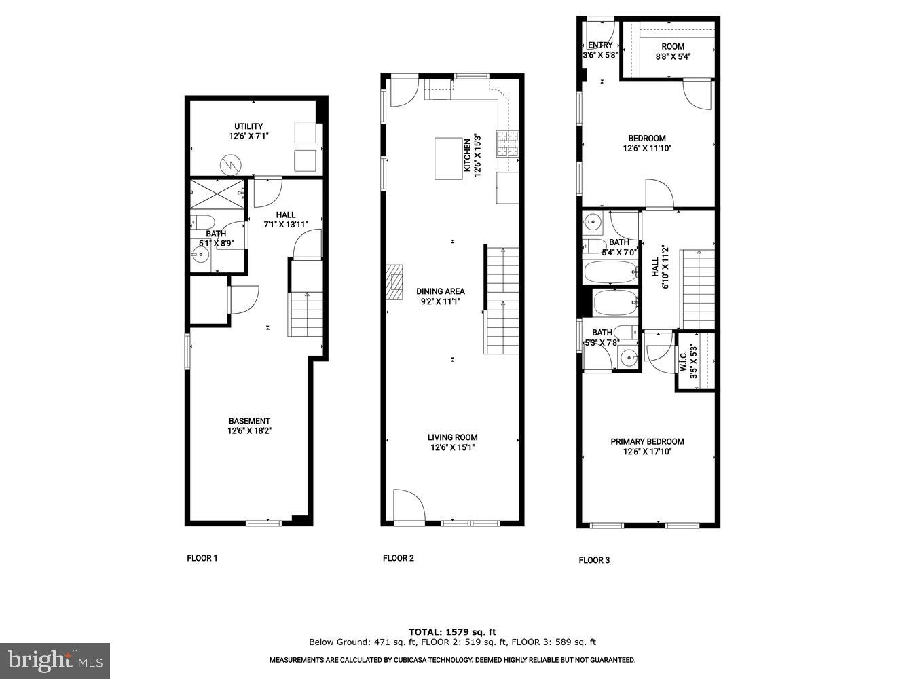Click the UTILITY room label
click(x=248, y=126)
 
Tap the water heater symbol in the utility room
click(x=231, y=164)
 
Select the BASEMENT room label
click(x=249, y=421)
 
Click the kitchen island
click(x=448, y=158)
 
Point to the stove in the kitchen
click(x=507, y=143)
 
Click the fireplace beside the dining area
click(x=394, y=282)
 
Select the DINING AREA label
click(x=441, y=291)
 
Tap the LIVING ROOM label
click(x=452, y=437)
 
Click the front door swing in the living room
click(x=409, y=506)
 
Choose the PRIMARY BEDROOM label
click(x=647, y=441)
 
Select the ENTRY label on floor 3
click(x=599, y=45)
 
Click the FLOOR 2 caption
click(x=398, y=558)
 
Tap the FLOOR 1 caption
click(x=202, y=558)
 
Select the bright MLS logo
click(x=55, y=660)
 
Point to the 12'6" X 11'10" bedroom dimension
click(x=647, y=148)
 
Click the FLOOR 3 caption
click(x=594, y=560)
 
